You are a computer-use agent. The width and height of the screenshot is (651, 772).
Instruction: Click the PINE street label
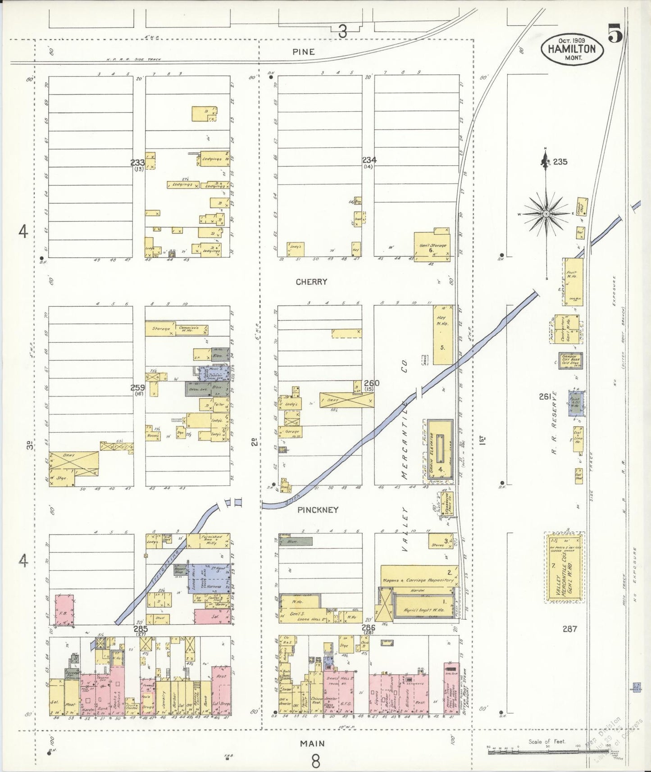click(303, 52)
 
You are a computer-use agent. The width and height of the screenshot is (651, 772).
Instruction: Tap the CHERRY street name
click(311, 282)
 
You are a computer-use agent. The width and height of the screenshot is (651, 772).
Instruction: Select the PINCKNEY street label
click(318, 510)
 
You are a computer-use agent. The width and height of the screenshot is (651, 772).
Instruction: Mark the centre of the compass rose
click(546, 213)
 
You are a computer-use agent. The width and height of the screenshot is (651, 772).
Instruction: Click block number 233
click(137, 163)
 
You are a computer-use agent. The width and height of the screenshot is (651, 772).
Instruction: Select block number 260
click(371, 383)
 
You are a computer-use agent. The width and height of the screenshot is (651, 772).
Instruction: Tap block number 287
click(569, 629)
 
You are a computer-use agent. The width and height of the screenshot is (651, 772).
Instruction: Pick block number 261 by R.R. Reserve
click(545, 396)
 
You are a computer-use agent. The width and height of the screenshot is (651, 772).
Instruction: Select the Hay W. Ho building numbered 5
click(442, 334)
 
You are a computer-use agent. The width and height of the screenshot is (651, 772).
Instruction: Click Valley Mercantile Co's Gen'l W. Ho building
click(565, 568)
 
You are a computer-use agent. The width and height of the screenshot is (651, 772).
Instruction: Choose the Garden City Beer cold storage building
click(570, 360)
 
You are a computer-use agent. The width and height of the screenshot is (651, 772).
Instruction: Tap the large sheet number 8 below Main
click(315, 761)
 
